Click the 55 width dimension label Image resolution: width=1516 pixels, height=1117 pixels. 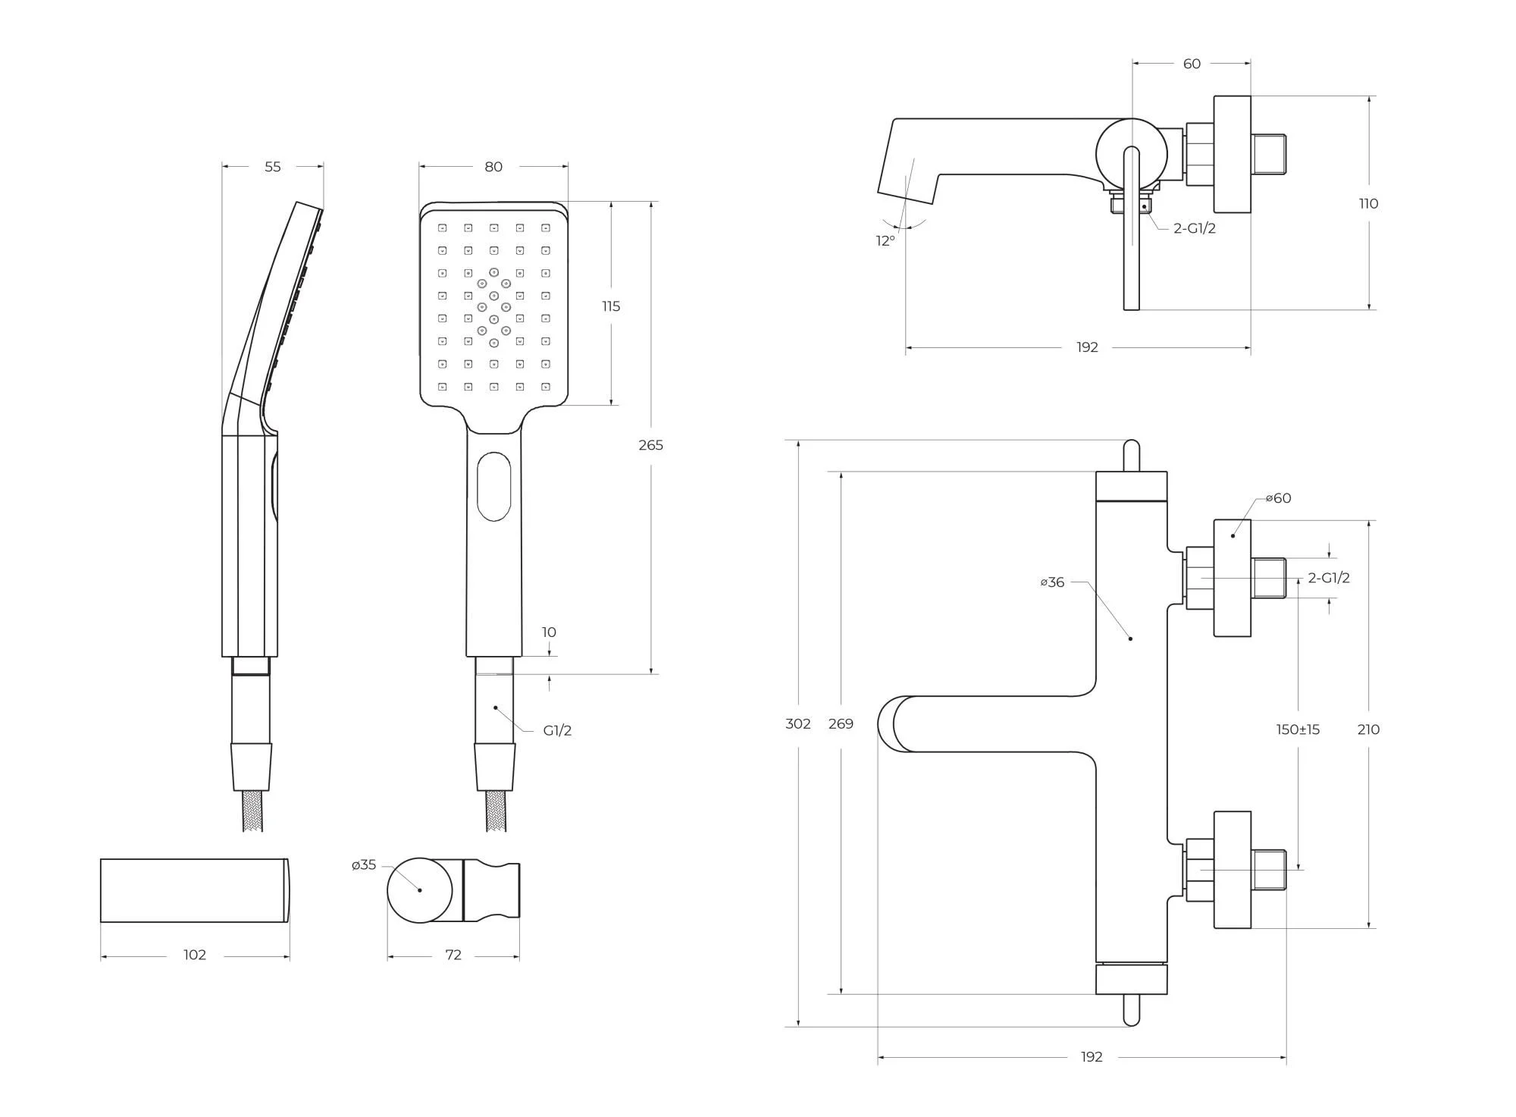(x=273, y=167)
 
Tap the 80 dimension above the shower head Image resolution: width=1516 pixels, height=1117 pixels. (x=493, y=167)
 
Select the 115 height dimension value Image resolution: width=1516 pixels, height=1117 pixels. (x=611, y=306)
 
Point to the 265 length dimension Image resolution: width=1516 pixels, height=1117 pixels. (x=650, y=445)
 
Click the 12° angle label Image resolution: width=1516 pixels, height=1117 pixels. (x=885, y=241)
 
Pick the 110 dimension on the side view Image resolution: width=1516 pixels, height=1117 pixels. (x=1368, y=203)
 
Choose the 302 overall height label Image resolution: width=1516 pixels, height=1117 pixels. (x=798, y=724)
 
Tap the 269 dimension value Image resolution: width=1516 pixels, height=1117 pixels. (x=841, y=724)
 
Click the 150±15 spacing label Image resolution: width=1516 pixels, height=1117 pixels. (x=1298, y=730)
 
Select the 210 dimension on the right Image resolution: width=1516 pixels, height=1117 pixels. (x=1368, y=730)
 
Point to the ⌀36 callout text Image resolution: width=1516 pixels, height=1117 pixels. (x=1052, y=582)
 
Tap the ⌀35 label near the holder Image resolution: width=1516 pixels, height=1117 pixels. (x=364, y=865)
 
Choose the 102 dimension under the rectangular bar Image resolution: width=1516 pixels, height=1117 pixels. (x=195, y=955)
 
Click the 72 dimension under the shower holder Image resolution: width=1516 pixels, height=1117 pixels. (x=453, y=955)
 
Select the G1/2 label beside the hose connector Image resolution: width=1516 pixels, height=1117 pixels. (x=557, y=731)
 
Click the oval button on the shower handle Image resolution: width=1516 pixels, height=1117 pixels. (x=494, y=487)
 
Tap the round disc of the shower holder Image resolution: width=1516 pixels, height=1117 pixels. (x=420, y=890)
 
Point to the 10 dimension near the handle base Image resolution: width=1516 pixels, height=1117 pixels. (x=549, y=632)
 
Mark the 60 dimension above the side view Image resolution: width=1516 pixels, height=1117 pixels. (x=1192, y=64)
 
